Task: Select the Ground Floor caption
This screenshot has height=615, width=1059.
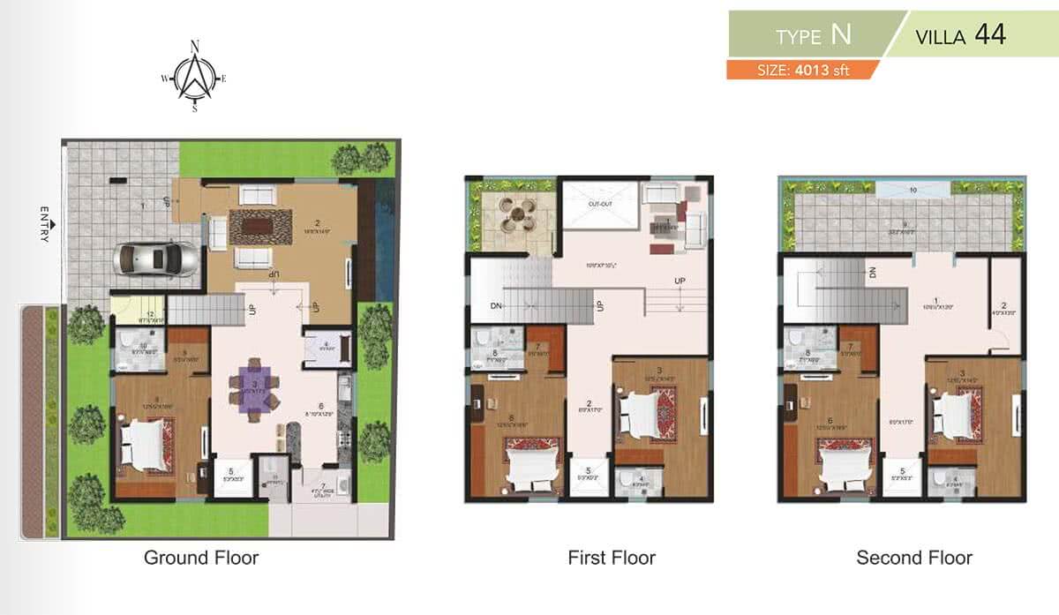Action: [201, 558]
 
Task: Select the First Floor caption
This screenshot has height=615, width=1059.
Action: [612, 558]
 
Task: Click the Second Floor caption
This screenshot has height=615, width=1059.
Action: [914, 558]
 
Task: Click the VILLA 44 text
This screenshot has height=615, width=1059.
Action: [961, 36]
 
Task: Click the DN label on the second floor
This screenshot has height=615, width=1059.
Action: [871, 273]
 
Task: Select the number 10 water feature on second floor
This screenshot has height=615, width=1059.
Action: [913, 188]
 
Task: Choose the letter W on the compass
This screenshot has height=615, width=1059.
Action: [165, 79]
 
